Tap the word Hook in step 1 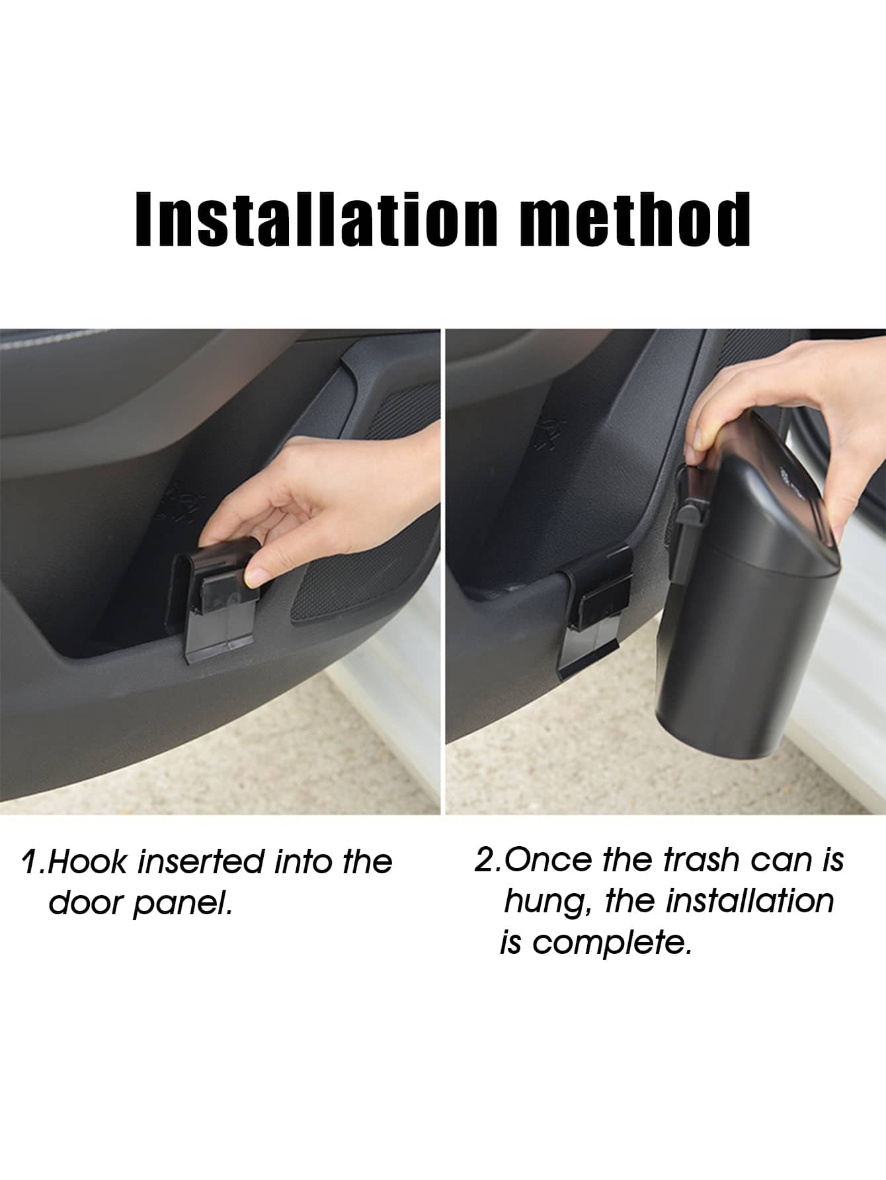(89, 863)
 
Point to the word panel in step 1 (182, 904)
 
